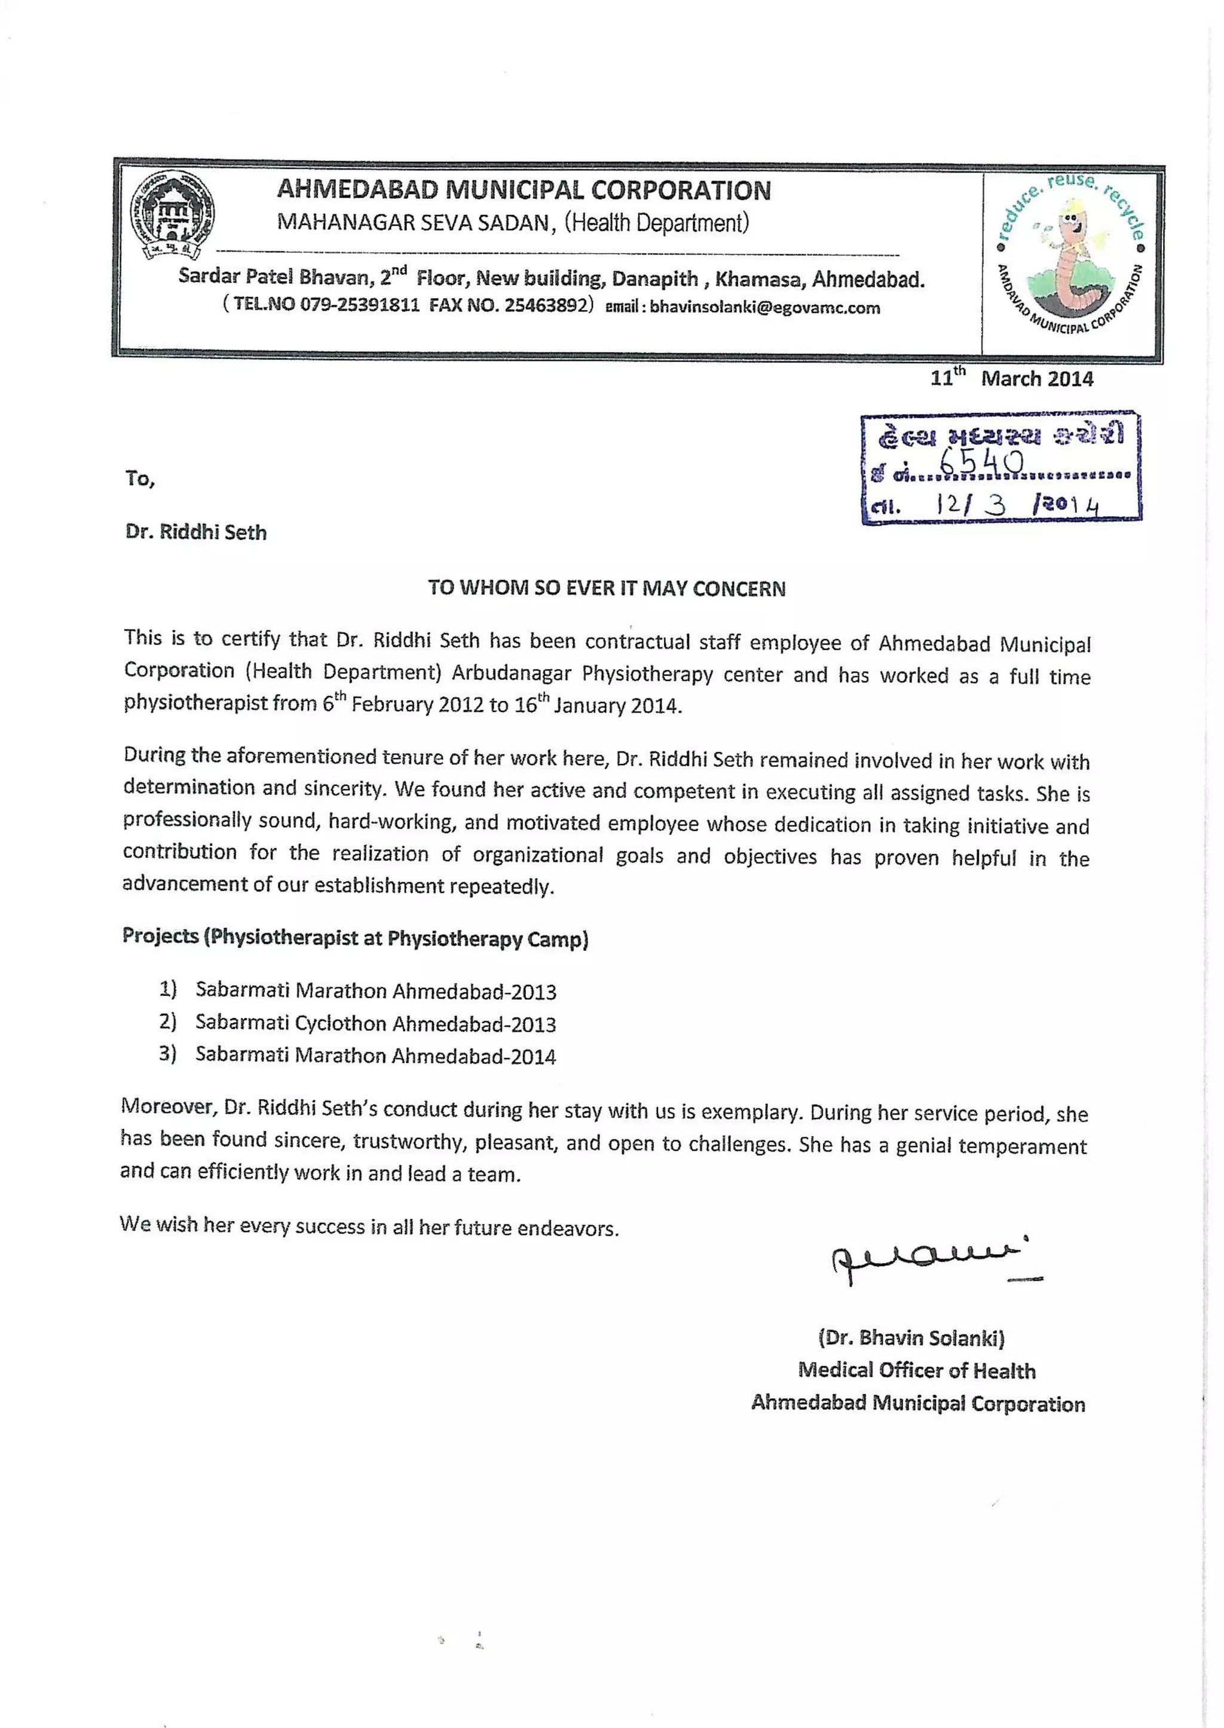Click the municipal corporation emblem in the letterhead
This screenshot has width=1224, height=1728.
click(x=172, y=216)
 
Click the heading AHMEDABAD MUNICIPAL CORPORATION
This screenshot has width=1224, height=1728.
click(x=524, y=190)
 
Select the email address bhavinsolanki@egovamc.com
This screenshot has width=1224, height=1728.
click(x=764, y=308)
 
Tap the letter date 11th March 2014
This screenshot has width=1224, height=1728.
click(x=1011, y=377)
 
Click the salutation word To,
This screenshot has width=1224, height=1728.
click(x=140, y=479)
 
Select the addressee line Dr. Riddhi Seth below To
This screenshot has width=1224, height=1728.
click(x=196, y=533)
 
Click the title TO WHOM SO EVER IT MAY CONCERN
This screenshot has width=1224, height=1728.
click(x=607, y=588)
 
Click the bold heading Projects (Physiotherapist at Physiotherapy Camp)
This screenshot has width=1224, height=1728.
click(x=355, y=938)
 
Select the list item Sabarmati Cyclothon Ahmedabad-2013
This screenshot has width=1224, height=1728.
click(x=375, y=1023)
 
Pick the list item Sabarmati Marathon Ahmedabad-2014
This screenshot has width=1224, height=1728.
click(x=375, y=1055)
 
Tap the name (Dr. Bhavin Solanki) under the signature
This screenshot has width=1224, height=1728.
click(x=911, y=1338)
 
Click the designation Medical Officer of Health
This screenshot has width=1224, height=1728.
click(x=916, y=1370)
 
